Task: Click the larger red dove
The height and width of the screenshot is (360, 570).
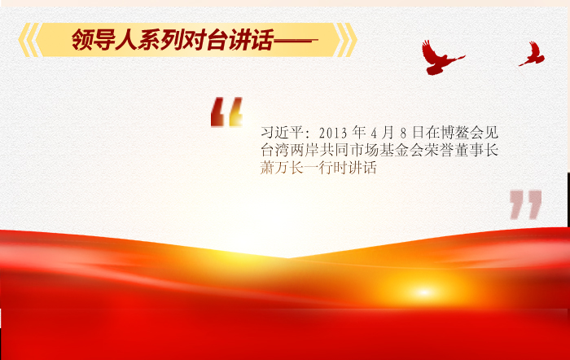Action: [441, 58]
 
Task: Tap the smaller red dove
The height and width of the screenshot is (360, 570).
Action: [533, 54]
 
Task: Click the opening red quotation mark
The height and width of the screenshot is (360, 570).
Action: [226, 112]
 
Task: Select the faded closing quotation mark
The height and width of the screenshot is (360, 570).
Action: [526, 204]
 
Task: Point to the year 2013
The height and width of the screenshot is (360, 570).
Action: [333, 133]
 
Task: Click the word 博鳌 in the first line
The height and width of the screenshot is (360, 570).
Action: [454, 133]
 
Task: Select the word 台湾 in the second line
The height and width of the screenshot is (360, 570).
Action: [275, 150]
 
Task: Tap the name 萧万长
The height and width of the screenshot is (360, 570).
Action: [282, 168]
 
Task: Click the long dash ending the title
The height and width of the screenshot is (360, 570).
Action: [296, 41]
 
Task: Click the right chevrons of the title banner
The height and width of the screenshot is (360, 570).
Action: [347, 40]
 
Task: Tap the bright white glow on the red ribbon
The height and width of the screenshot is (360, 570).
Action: [424, 292]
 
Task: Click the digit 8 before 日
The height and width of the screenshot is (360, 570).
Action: [403, 134]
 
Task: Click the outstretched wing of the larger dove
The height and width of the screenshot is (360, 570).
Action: [429, 49]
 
